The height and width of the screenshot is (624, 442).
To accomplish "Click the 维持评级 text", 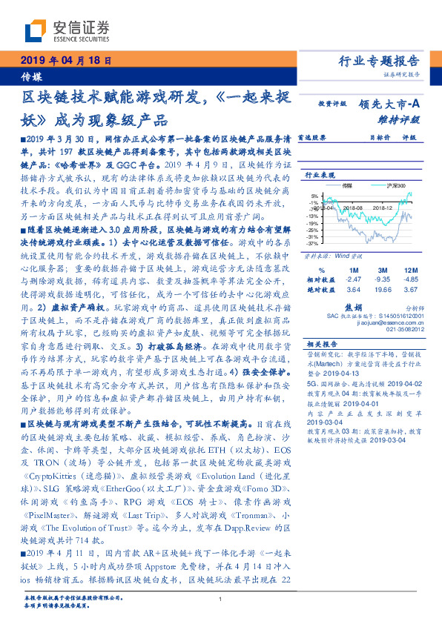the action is (x=404, y=119).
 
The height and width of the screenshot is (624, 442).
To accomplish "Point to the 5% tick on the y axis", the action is (x=314, y=196).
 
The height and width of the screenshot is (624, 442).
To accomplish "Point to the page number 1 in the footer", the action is (x=221, y=599).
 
